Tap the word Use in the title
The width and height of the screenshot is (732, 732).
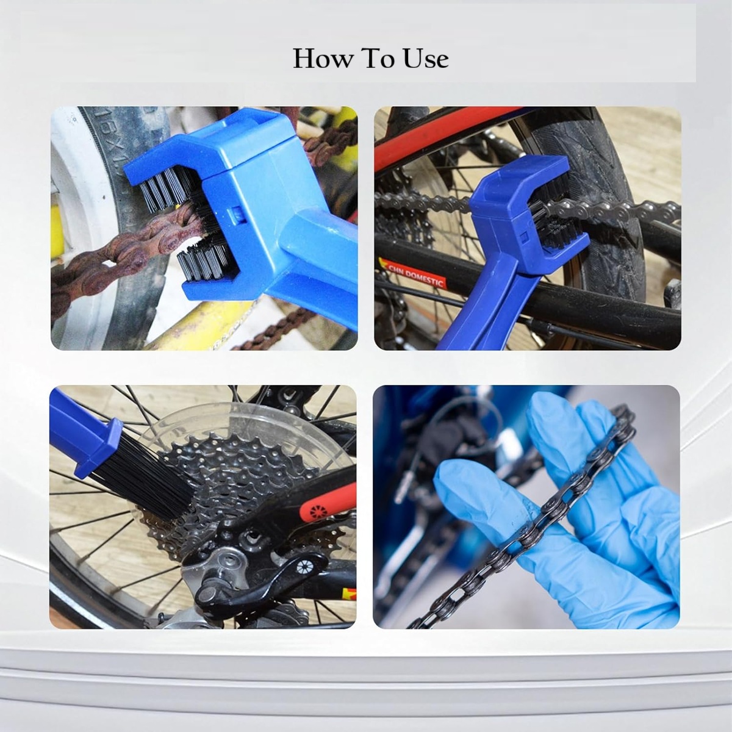coord(425,59)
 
